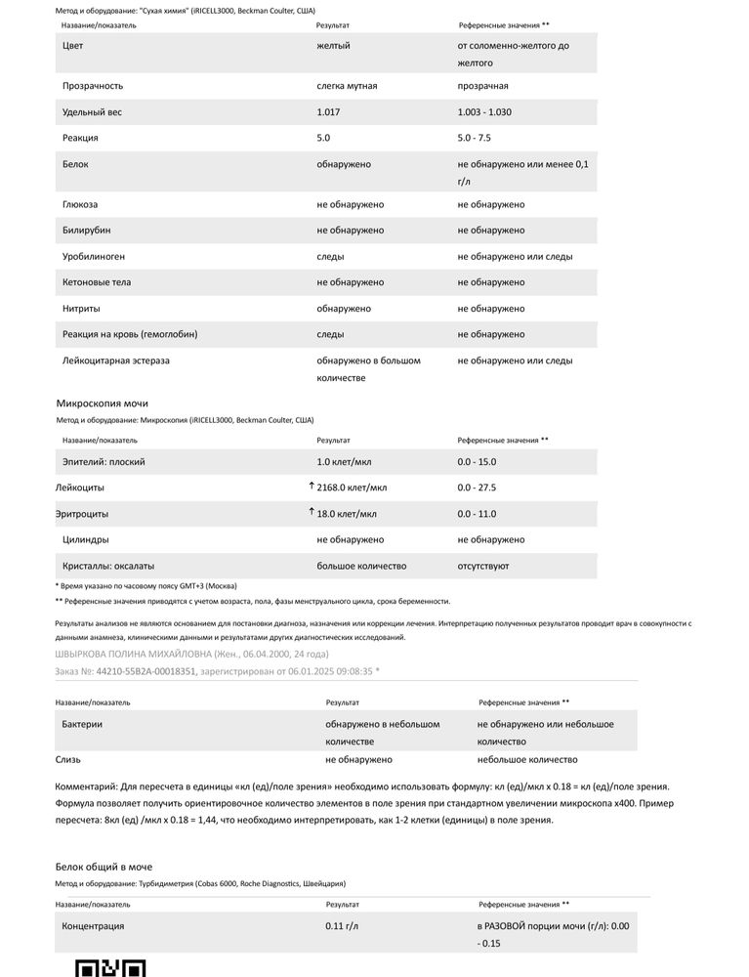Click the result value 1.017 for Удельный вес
tap(329, 112)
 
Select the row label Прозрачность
tap(94, 86)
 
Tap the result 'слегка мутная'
tap(347, 86)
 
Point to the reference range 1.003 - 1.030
tap(484, 112)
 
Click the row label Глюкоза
tap(80, 205)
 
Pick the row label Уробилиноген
tap(94, 257)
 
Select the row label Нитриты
tap(81, 309)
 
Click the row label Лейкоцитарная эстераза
tap(116, 361)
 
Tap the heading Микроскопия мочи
tap(103, 403)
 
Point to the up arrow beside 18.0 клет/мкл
tap(312, 512)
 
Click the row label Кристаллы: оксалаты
tap(108, 566)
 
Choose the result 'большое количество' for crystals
tap(361, 566)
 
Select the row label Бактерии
tap(82, 725)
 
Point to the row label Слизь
tap(68, 759)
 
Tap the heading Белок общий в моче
tap(104, 867)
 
